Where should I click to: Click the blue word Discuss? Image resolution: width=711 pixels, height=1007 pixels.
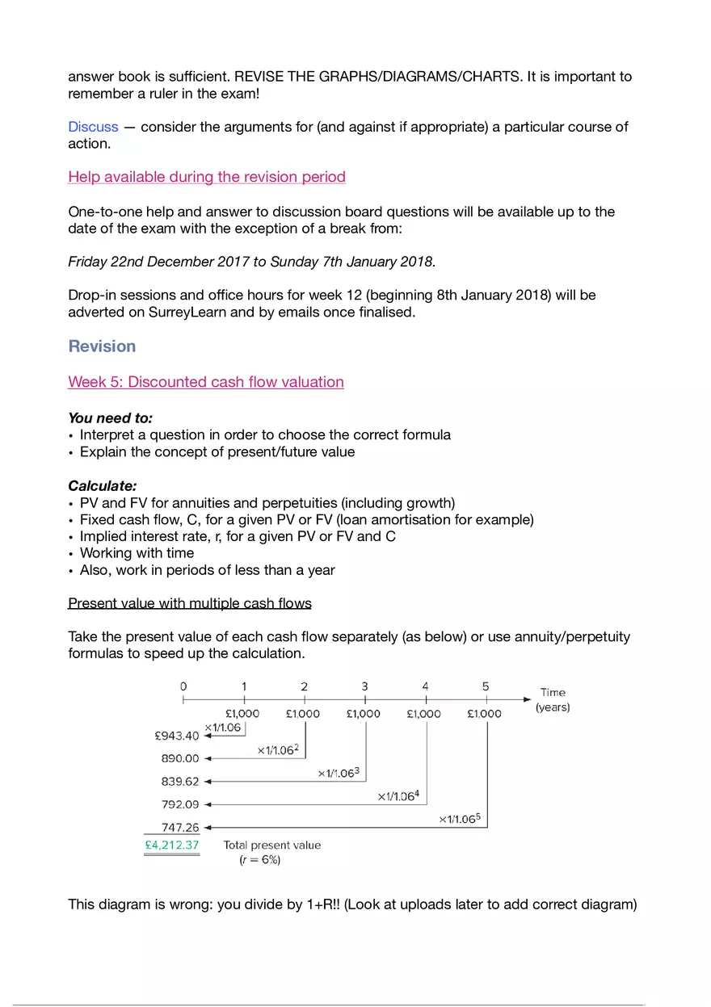click(93, 127)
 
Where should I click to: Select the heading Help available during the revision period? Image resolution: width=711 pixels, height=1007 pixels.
click(207, 177)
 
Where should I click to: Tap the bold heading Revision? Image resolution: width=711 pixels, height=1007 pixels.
click(102, 346)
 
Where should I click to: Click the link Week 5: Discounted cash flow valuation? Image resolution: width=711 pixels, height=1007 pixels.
click(206, 382)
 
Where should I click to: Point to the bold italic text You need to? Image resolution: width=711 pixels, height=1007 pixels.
click(111, 417)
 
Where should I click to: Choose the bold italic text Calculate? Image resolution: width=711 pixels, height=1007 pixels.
click(103, 486)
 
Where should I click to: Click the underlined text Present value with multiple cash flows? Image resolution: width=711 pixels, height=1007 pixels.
click(190, 603)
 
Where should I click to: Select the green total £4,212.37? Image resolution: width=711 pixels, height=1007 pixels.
click(171, 845)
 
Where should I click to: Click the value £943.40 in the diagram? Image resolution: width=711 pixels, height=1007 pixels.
click(176, 736)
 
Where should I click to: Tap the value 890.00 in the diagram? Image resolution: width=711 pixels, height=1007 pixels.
click(180, 758)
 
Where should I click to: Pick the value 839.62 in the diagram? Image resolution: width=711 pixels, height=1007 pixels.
click(180, 781)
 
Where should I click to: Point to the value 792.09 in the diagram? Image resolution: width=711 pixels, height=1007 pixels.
click(180, 804)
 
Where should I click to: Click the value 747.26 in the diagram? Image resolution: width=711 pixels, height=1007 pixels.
click(180, 827)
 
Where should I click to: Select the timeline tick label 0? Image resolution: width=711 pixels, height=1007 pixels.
click(183, 686)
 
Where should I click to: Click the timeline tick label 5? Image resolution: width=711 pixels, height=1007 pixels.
click(486, 686)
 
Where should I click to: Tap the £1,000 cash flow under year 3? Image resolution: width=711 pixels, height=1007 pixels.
click(364, 713)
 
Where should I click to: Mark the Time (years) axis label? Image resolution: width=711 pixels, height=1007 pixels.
click(553, 699)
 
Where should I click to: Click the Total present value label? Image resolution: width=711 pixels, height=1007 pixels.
click(272, 845)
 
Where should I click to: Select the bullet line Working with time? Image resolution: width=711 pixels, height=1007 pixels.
click(137, 553)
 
